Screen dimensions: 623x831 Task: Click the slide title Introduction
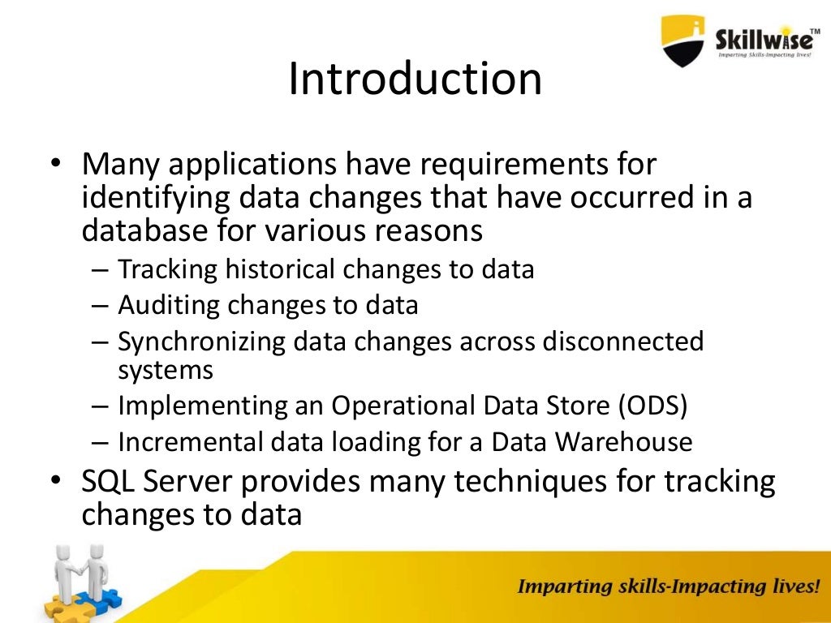415,79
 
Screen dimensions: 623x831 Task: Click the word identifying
153,198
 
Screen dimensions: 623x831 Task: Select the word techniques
553,482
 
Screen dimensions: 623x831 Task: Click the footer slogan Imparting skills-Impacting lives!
668,586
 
